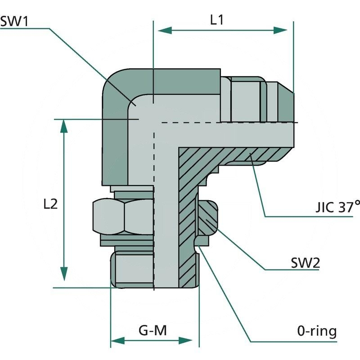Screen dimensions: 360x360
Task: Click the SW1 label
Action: (x=14, y=21)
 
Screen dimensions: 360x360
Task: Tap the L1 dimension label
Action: (x=217, y=20)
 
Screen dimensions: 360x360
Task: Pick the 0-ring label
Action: (x=317, y=332)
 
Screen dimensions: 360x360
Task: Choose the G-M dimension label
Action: (x=153, y=331)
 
